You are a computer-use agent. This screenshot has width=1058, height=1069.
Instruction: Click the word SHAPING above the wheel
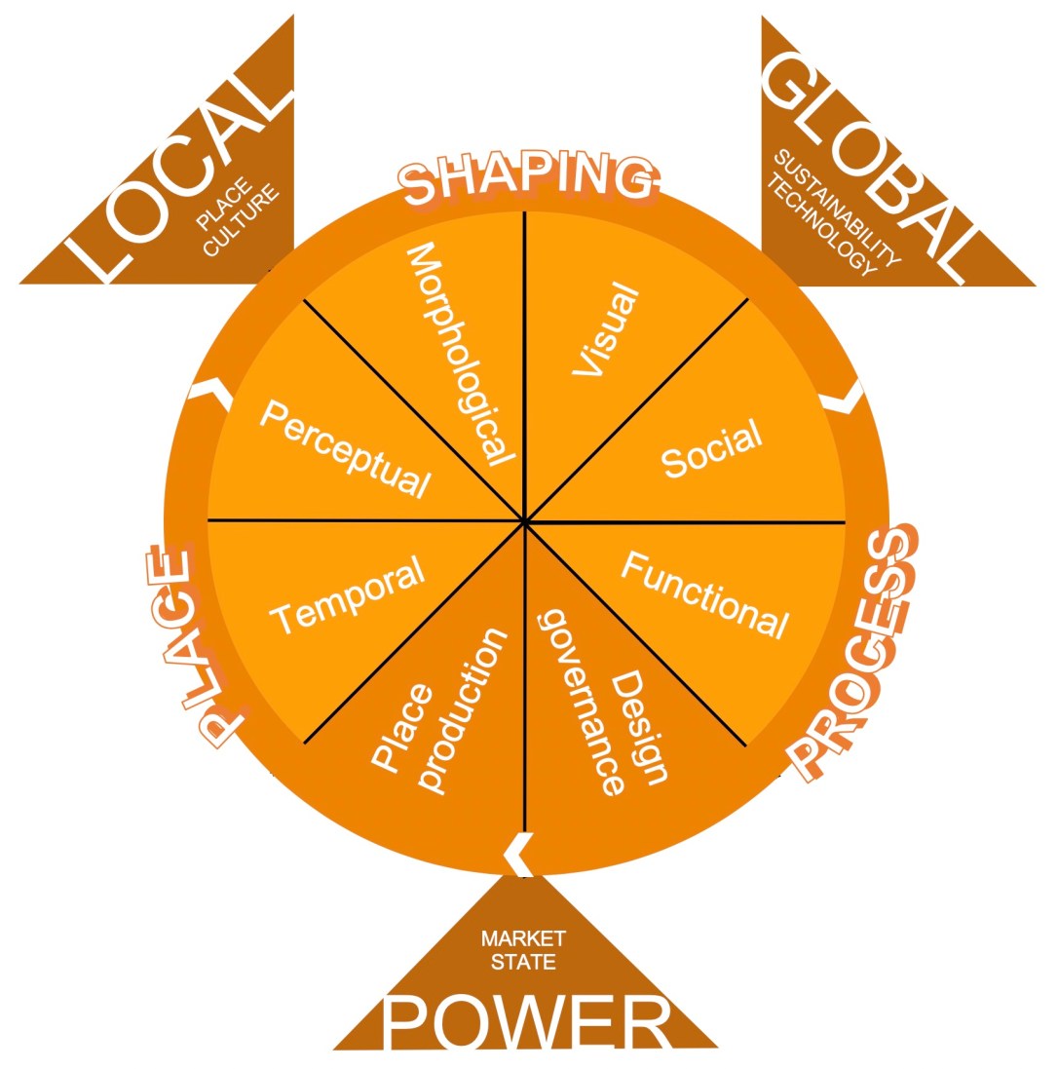coord(528,178)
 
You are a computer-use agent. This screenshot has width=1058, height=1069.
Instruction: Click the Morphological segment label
coord(460,355)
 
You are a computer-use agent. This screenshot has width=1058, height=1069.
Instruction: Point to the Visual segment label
coord(606,328)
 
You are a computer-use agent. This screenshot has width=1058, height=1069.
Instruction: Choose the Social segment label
coord(712,448)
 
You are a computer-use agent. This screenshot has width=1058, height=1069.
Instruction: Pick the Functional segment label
coord(705,595)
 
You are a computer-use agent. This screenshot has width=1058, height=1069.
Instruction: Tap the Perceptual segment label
coord(346,448)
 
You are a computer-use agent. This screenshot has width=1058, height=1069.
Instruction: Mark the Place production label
coord(439,711)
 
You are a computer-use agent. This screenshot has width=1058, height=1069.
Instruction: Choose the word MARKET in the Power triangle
coord(523,938)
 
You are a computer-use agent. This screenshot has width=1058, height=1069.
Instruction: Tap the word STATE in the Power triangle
coord(523,962)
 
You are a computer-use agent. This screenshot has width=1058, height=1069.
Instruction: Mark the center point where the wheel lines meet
coord(524,521)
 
